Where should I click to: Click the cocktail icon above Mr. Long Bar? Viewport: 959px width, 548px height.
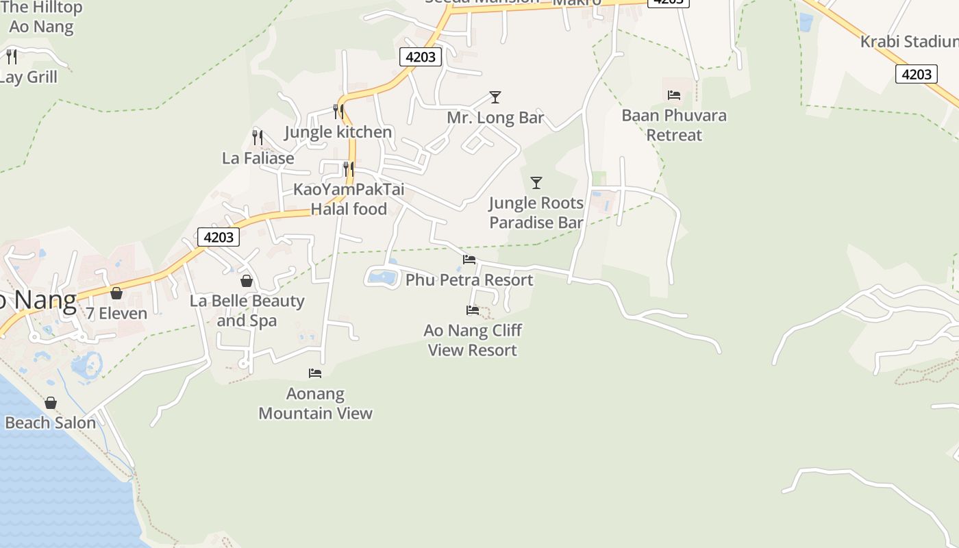(x=495, y=97)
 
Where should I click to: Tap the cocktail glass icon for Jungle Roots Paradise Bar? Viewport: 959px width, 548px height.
(x=536, y=183)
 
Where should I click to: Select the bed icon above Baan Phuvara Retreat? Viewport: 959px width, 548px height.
(x=674, y=95)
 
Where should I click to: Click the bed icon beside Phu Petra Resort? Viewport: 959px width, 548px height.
(x=469, y=260)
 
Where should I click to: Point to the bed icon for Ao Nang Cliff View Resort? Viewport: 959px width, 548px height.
(x=473, y=310)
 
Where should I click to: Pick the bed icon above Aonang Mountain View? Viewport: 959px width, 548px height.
(x=315, y=373)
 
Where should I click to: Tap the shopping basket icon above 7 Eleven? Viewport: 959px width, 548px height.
(x=116, y=293)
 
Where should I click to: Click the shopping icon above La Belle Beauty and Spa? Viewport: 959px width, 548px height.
(x=247, y=281)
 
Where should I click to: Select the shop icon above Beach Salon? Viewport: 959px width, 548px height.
(x=51, y=403)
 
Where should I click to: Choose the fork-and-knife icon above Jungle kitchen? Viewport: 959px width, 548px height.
(x=338, y=111)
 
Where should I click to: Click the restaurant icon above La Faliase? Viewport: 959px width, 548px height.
(x=258, y=137)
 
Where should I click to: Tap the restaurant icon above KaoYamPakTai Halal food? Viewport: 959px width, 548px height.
(x=349, y=169)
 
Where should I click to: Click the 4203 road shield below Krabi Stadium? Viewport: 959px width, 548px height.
(x=917, y=74)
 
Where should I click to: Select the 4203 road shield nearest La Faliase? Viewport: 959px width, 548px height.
(x=219, y=237)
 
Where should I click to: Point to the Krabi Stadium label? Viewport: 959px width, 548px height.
(x=909, y=41)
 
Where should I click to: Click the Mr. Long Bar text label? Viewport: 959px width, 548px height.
(x=495, y=118)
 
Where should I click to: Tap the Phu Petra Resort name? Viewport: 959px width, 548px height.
(x=469, y=280)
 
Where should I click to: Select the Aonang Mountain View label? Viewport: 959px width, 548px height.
(x=315, y=403)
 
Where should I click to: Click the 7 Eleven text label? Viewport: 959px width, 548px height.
(x=116, y=314)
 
